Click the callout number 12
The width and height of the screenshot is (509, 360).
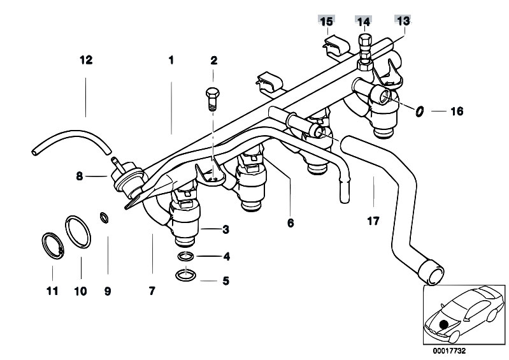[x=86, y=61]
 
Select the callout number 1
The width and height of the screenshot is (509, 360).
[x=171, y=61]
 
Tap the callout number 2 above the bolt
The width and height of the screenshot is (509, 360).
[x=214, y=61]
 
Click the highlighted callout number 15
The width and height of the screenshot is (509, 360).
[x=326, y=21]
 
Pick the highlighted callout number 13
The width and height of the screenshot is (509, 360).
[x=403, y=20]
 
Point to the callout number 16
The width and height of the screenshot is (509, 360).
[x=456, y=112]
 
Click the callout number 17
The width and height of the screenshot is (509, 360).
[x=373, y=222]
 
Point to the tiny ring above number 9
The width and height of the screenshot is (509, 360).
[x=104, y=219]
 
